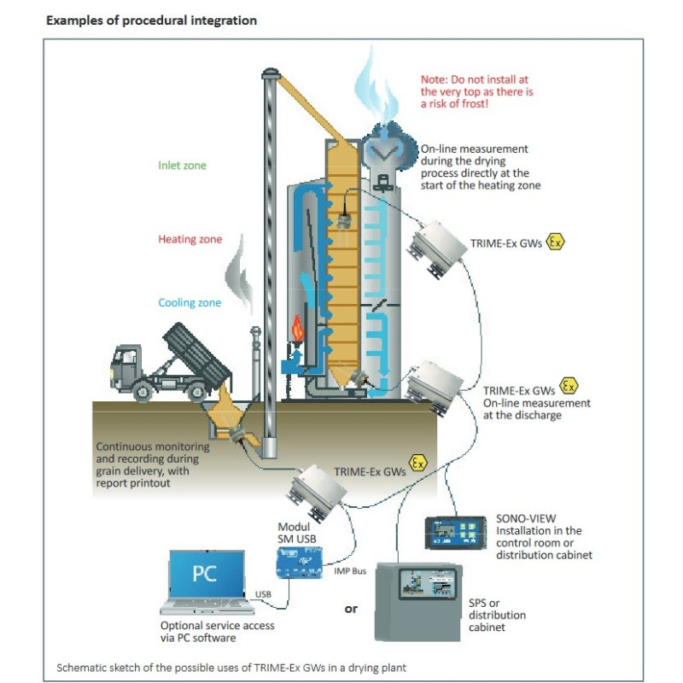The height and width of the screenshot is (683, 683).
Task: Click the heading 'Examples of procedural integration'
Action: click(x=151, y=20)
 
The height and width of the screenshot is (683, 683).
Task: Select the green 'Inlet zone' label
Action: click(x=182, y=166)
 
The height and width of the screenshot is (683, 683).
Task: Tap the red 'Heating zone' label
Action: click(x=190, y=239)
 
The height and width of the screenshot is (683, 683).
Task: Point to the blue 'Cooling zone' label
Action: click(x=190, y=303)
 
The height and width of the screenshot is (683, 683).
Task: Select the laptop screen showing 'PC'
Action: click(x=204, y=573)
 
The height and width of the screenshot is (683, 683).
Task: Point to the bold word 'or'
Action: click(x=351, y=610)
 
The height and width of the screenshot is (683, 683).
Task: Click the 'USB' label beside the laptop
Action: click(x=263, y=593)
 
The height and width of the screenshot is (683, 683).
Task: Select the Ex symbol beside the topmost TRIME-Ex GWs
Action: click(x=556, y=242)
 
